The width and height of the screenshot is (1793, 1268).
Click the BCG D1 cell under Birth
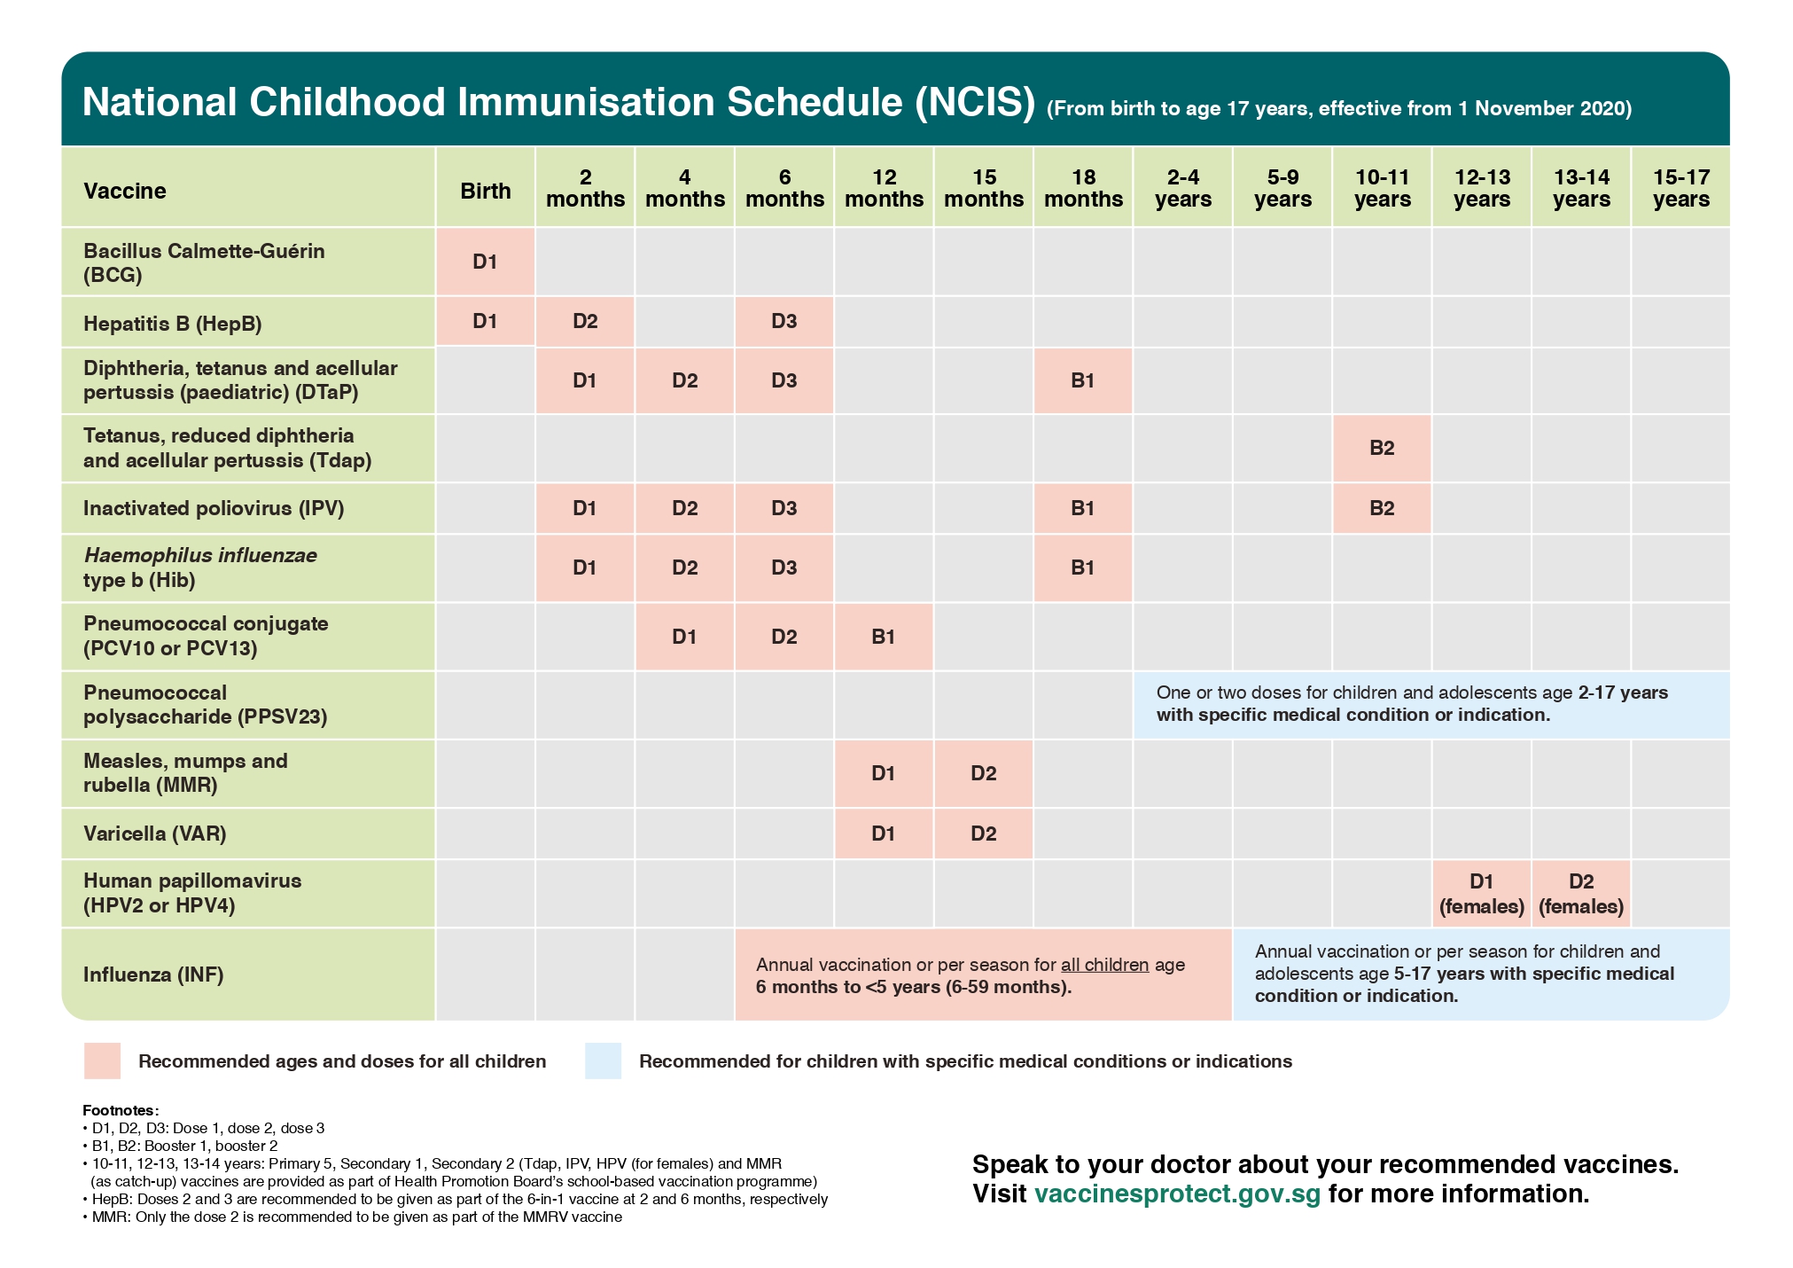pos(485,262)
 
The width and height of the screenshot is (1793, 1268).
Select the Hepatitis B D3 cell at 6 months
pos(783,321)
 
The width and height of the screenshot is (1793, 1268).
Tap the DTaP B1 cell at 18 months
pos(1082,380)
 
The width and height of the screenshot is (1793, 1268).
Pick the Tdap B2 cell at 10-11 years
pos(1382,448)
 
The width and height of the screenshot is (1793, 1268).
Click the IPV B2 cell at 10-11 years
pos(1382,508)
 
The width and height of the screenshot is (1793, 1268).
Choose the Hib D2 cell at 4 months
pos(684,567)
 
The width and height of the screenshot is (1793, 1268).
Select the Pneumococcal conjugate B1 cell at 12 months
pos(883,637)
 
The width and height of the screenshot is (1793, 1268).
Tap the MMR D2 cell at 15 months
pos(983,773)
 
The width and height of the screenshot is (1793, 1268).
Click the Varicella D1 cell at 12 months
pos(883,834)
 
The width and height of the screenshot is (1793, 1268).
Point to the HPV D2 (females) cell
pos(1581,893)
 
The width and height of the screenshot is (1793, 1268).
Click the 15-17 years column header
pos(1680,188)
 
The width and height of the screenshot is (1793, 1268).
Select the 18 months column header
pos(1083,188)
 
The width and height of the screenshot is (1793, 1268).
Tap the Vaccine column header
pos(125,191)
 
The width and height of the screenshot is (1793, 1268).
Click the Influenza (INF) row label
pos(153,974)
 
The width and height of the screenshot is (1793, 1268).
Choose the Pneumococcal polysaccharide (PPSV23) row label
pos(205,704)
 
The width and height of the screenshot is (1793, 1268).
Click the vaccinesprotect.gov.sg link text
pos(1177,1194)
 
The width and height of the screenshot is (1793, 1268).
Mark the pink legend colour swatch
pos(102,1061)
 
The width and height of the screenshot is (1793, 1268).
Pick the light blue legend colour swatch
pos(603,1061)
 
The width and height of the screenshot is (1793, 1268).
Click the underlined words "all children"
pos(1104,965)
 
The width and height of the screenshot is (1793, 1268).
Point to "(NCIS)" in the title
pos(975,102)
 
